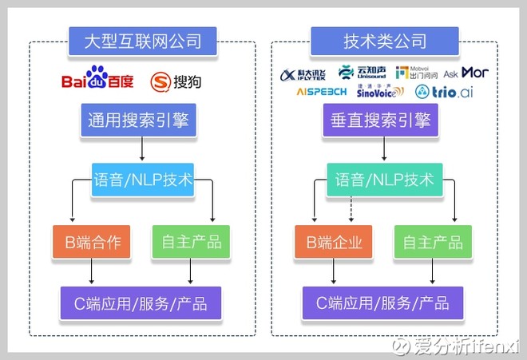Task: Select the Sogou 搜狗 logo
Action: (x=176, y=81)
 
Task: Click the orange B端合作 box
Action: (x=91, y=242)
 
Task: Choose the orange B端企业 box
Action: (x=333, y=242)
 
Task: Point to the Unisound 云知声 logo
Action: (x=360, y=73)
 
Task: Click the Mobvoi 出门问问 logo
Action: (x=417, y=73)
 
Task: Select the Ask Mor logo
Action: (x=466, y=73)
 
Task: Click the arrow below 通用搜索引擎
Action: (x=142, y=149)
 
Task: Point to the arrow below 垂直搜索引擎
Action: (x=380, y=149)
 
